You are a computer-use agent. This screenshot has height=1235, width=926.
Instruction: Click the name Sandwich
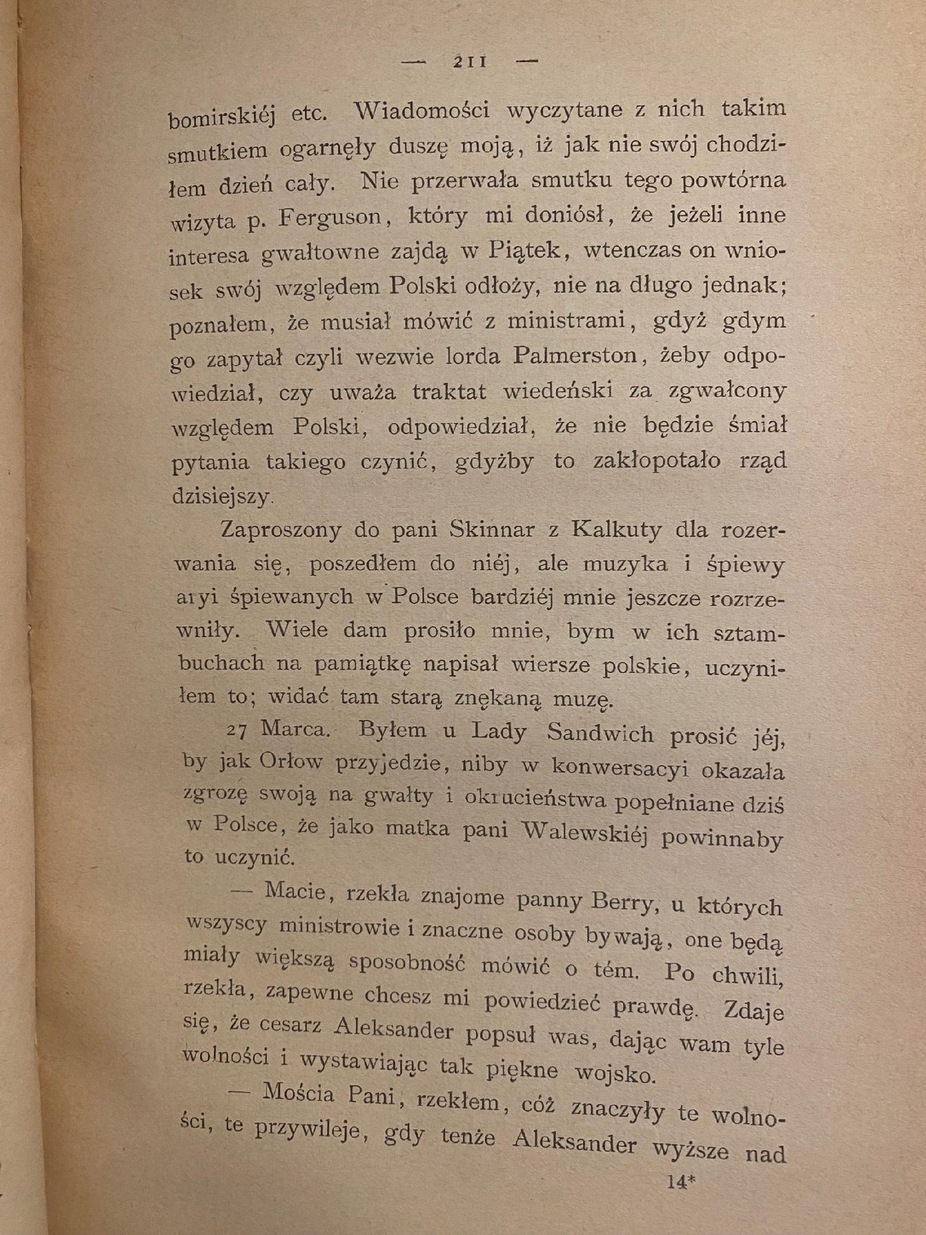[x=599, y=733]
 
